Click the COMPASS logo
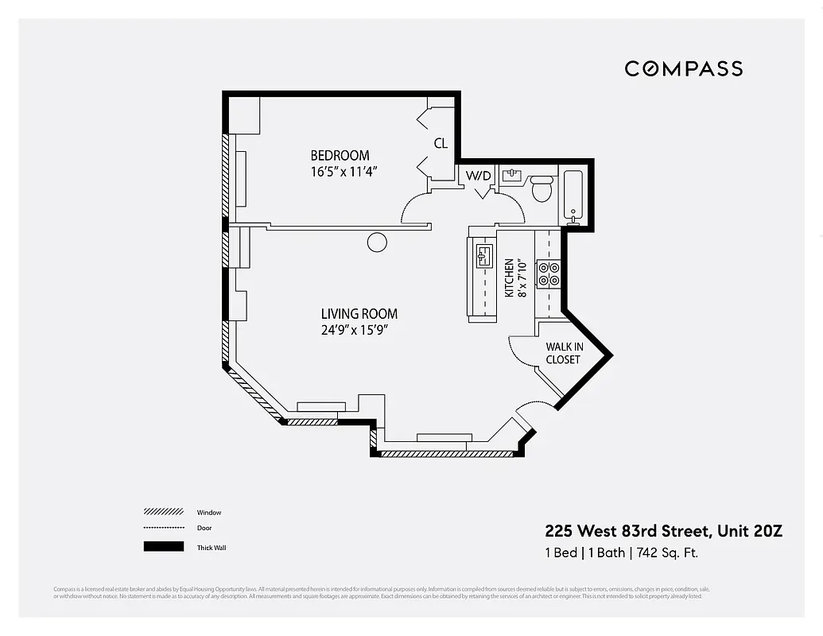click(x=683, y=68)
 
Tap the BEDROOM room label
click(x=340, y=156)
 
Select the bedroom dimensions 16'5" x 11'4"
click(x=343, y=171)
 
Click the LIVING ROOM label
click(x=359, y=314)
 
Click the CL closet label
click(x=441, y=144)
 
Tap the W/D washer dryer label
click(x=478, y=176)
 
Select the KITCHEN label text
click(x=510, y=278)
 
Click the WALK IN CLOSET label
click(x=563, y=353)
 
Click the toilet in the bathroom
click(x=542, y=189)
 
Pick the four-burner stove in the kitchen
click(x=549, y=273)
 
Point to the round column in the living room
click(x=377, y=242)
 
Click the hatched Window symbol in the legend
click(x=163, y=512)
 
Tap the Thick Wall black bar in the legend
click(x=163, y=547)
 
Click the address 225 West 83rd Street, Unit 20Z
click(x=663, y=531)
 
